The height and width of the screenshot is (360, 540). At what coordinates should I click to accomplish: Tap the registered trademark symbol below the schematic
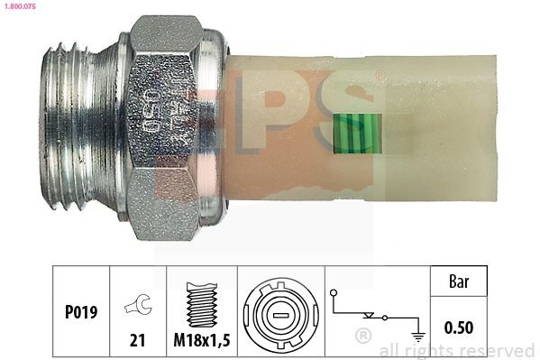363,337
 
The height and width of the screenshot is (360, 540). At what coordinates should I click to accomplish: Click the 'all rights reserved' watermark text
457,350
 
